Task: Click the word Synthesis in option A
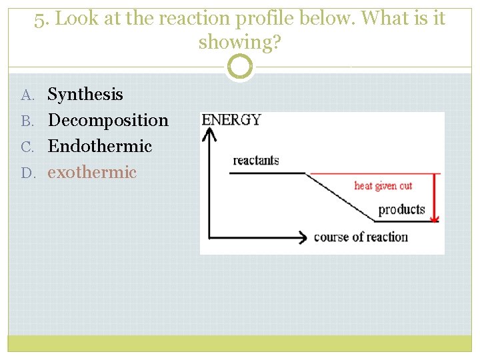coord(85,95)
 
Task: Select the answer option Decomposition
coord(108,121)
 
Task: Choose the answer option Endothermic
coord(100,146)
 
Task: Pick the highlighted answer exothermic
coord(92,172)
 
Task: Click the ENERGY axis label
coord(231,120)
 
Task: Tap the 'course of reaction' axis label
coord(361,237)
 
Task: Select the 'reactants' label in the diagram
coord(255,161)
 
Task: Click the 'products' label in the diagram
coord(401,209)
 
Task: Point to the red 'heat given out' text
coord(383,186)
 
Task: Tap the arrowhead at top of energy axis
coord(211,133)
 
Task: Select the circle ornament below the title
coord(240,67)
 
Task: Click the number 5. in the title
coord(42,19)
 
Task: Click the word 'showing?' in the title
coord(240,43)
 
